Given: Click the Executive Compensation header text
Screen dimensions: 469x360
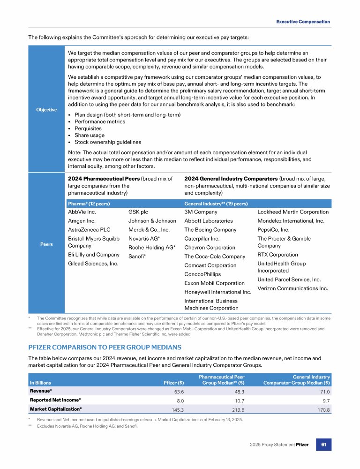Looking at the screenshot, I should pyautogui.click(x=303, y=22).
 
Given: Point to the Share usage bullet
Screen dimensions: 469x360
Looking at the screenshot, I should pyautogui.click(x=88, y=135).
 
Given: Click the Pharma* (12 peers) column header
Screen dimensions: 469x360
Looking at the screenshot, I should pyautogui.click(x=89, y=204).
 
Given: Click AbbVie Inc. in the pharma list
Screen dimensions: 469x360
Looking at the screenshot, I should pyautogui.click(x=82, y=212).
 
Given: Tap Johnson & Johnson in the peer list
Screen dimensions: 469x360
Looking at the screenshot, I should pyautogui.click(x=152, y=221).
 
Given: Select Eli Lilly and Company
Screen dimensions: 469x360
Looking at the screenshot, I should pyautogui.click(x=94, y=255).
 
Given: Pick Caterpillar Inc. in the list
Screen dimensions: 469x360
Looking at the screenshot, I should pyautogui.click(x=202, y=239).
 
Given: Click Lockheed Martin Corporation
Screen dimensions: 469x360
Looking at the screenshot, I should pyautogui.click(x=293, y=212).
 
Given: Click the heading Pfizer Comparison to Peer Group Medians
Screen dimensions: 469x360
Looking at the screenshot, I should pyautogui.click(x=105, y=347).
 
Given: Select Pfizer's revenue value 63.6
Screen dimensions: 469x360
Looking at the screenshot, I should pyautogui.click(x=179, y=392).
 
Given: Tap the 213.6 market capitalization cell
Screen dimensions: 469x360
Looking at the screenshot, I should pyautogui.click(x=238, y=409).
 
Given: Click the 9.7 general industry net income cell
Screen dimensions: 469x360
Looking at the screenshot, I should pyautogui.click(x=326, y=401).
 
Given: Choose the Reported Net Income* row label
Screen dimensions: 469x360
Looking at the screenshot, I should pyautogui.click(x=55, y=400).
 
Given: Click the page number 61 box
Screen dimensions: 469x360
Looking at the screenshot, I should pyautogui.click(x=324, y=444).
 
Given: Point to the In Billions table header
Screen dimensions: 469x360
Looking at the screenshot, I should pyautogui.click(x=40, y=383).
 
